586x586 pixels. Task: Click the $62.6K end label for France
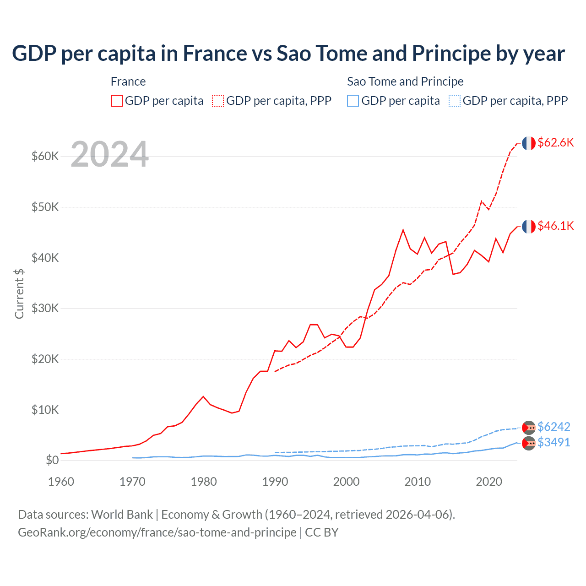[555, 142]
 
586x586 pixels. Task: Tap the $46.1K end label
[555, 226]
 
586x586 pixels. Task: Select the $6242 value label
[553, 427]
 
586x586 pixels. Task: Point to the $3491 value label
[553, 442]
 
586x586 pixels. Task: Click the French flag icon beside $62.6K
[529, 143]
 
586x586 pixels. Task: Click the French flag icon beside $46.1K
[529, 226]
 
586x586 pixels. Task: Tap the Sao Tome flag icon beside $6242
[529, 427]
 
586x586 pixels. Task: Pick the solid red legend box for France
[117, 101]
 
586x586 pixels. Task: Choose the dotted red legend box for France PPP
[218, 101]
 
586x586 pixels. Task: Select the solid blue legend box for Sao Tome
[353, 101]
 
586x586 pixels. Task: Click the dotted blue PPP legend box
[455, 101]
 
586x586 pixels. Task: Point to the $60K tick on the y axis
[45, 157]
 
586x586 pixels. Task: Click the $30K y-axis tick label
[45, 308]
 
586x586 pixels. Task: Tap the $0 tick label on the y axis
[52, 460]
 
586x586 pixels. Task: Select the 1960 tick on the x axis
[61, 482]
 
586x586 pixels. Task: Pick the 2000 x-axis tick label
[346, 482]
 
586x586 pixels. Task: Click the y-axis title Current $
[19, 293]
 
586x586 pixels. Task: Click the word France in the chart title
[215, 53]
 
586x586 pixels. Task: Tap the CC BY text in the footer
[321, 532]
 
